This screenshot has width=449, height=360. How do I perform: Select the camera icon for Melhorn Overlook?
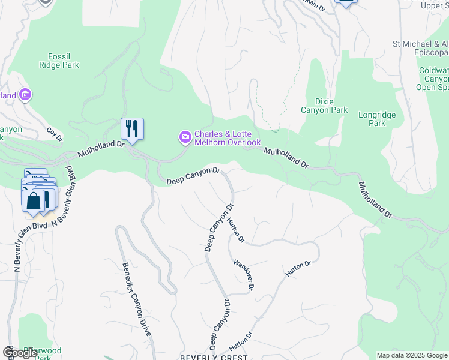[x=185, y=138]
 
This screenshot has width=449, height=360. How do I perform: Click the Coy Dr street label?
[x=55, y=134]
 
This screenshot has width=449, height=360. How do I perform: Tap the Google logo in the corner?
[x=20, y=353]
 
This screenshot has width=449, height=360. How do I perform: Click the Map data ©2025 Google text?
[x=412, y=355]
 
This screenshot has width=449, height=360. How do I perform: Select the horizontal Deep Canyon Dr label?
[x=194, y=176]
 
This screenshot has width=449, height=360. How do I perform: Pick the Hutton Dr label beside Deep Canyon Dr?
[x=236, y=229]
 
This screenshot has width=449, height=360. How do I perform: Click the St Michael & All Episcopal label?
[x=420, y=48]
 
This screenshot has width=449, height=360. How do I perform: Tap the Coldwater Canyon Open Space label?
[x=433, y=79]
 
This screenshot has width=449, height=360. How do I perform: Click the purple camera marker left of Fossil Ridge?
[x=25, y=94]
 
